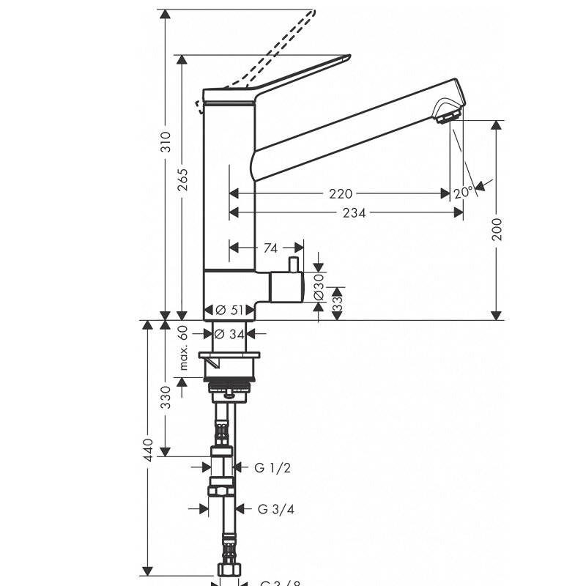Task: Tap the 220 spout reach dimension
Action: pyautogui.click(x=341, y=193)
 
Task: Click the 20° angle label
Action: pyautogui.click(x=463, y=193)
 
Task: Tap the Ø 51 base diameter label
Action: pyautogui.click(x=229, y=311)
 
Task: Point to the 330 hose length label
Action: pyautogui.click(x=166, y=396)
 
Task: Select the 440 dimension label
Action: pyautogui.click(x=149, y=448)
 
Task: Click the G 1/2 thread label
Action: pyautogui.click(x=272, y=467)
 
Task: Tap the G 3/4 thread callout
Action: pyautogui.click(x=275, y=508)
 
